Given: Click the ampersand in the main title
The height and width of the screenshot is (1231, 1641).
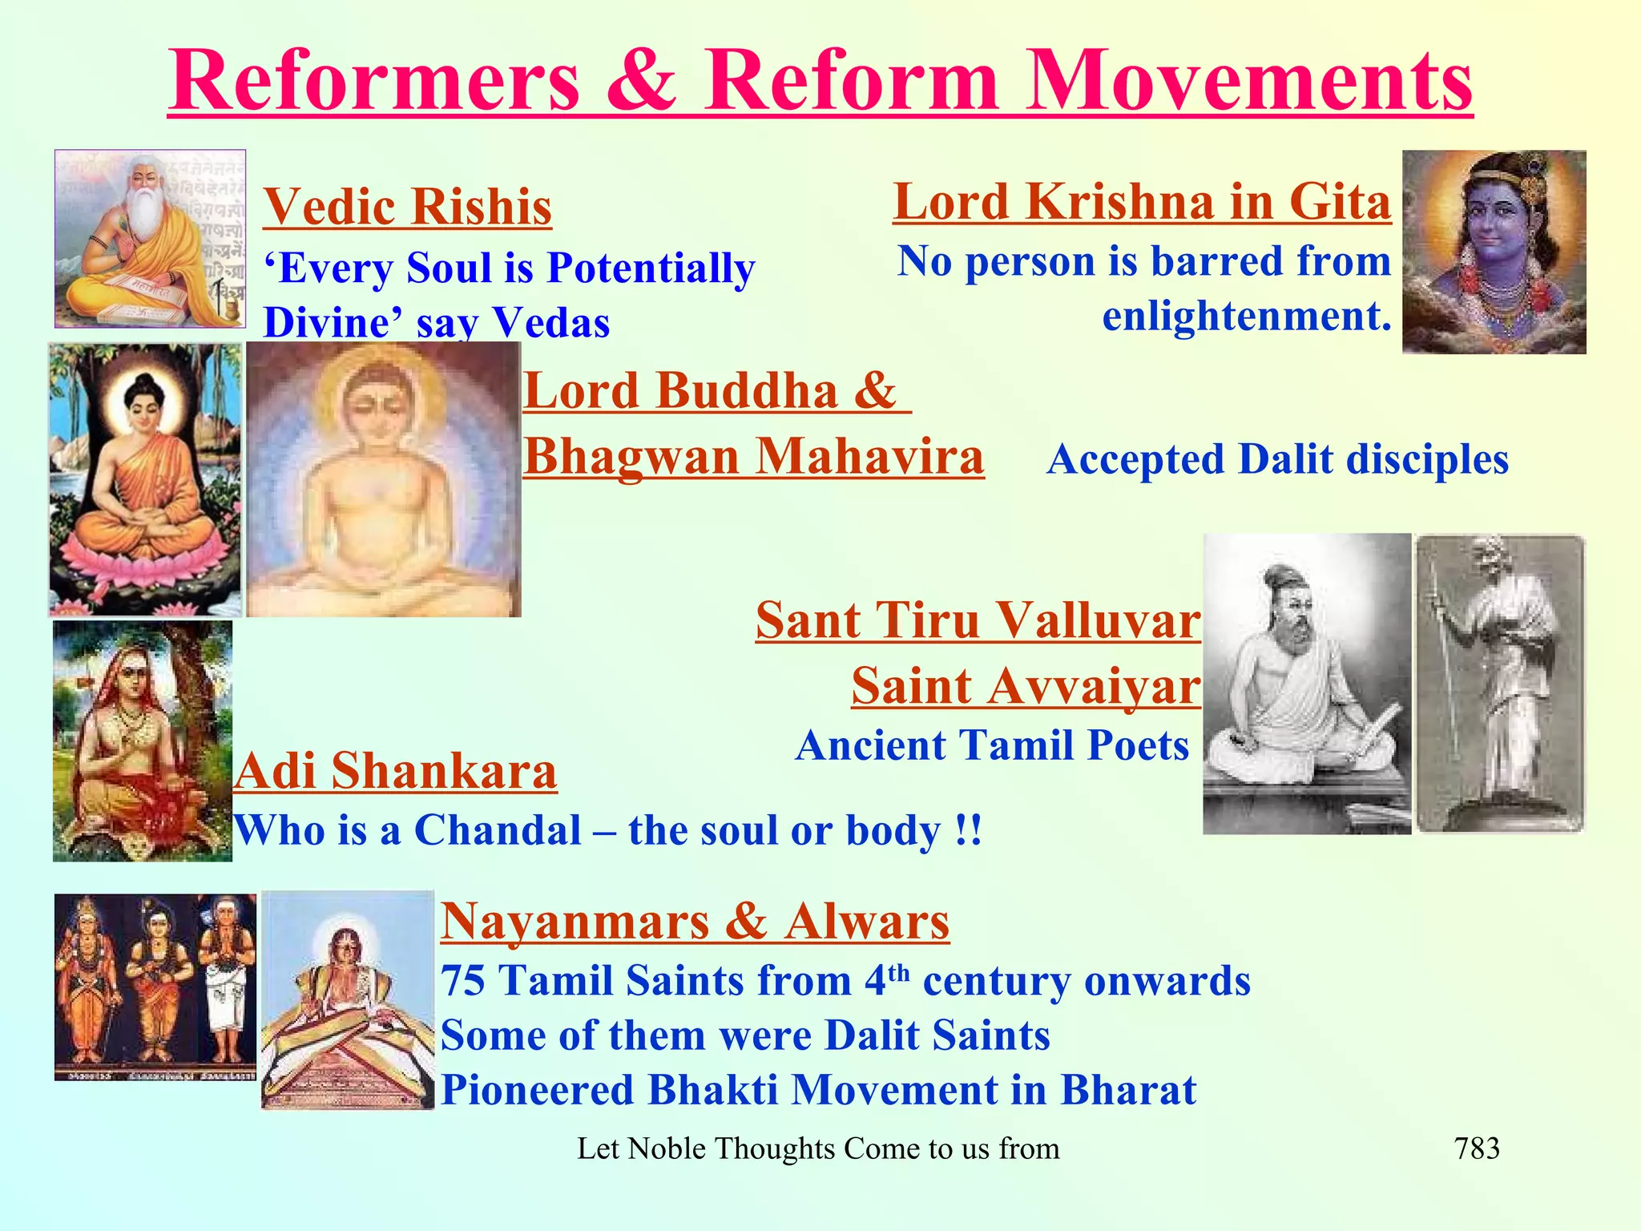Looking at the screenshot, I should coord(641,80).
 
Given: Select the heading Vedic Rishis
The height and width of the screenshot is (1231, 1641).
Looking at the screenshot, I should coord(407,207).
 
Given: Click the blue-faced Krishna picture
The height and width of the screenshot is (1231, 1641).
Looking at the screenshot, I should coord(1494,252).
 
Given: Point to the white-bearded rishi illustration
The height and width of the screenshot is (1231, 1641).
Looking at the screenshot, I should coord(150,239).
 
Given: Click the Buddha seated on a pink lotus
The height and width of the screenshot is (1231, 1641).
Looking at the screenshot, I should coord(145,479).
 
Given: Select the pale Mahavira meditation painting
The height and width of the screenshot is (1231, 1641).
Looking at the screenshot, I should coord(383,479).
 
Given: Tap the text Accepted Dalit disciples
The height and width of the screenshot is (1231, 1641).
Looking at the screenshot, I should coord(1277,459).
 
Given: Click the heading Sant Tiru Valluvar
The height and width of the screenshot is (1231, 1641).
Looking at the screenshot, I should coord(978,620).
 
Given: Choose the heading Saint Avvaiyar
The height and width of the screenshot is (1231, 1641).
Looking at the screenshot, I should coord(1026,686).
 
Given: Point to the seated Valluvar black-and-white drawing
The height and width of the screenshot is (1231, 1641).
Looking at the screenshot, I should coord(1306,684).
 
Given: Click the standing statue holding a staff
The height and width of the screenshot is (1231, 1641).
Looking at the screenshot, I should coord(1500,684).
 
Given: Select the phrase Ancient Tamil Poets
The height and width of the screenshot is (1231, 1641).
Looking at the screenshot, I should coord(992,745).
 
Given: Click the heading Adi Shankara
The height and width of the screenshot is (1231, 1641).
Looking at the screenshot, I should coord(395,771).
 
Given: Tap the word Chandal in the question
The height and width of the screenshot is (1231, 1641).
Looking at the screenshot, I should coord(498,830).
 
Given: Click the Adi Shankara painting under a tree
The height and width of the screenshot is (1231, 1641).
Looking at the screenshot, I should coord(143,741).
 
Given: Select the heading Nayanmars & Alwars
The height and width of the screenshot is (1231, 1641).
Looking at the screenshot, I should coord(695,921).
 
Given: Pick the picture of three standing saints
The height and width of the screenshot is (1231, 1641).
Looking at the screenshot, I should coord(155,987).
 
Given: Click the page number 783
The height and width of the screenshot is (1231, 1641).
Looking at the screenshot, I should coord(1477,1148).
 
